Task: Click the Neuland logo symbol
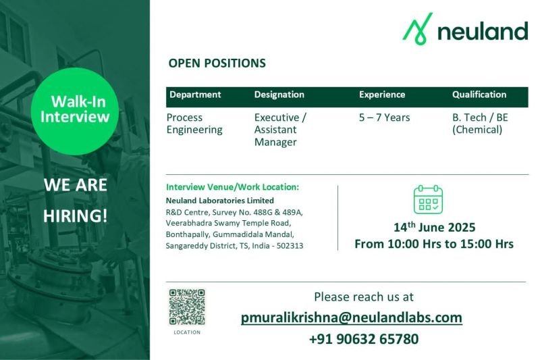coord(418,29)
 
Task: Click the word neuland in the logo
coord(483,31)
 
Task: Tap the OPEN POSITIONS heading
coord(217,63)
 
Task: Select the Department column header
coord(195,95)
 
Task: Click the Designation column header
coord(279,95)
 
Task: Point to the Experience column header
coord(382,95)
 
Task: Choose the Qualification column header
coord(479,95)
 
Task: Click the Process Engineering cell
coord(194,124)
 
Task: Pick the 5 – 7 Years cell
coord(384,118)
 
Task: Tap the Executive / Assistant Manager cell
coord(280,130)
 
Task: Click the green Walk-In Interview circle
coord(75,111)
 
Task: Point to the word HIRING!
coord(76,216)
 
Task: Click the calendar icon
coord(428,199)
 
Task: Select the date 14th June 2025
coord(434,227)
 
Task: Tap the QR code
coord(187,307)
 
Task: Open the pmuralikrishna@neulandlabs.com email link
coord(351,317)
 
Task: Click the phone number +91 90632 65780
coord(364,339)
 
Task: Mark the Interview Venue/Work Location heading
coord(232,187)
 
